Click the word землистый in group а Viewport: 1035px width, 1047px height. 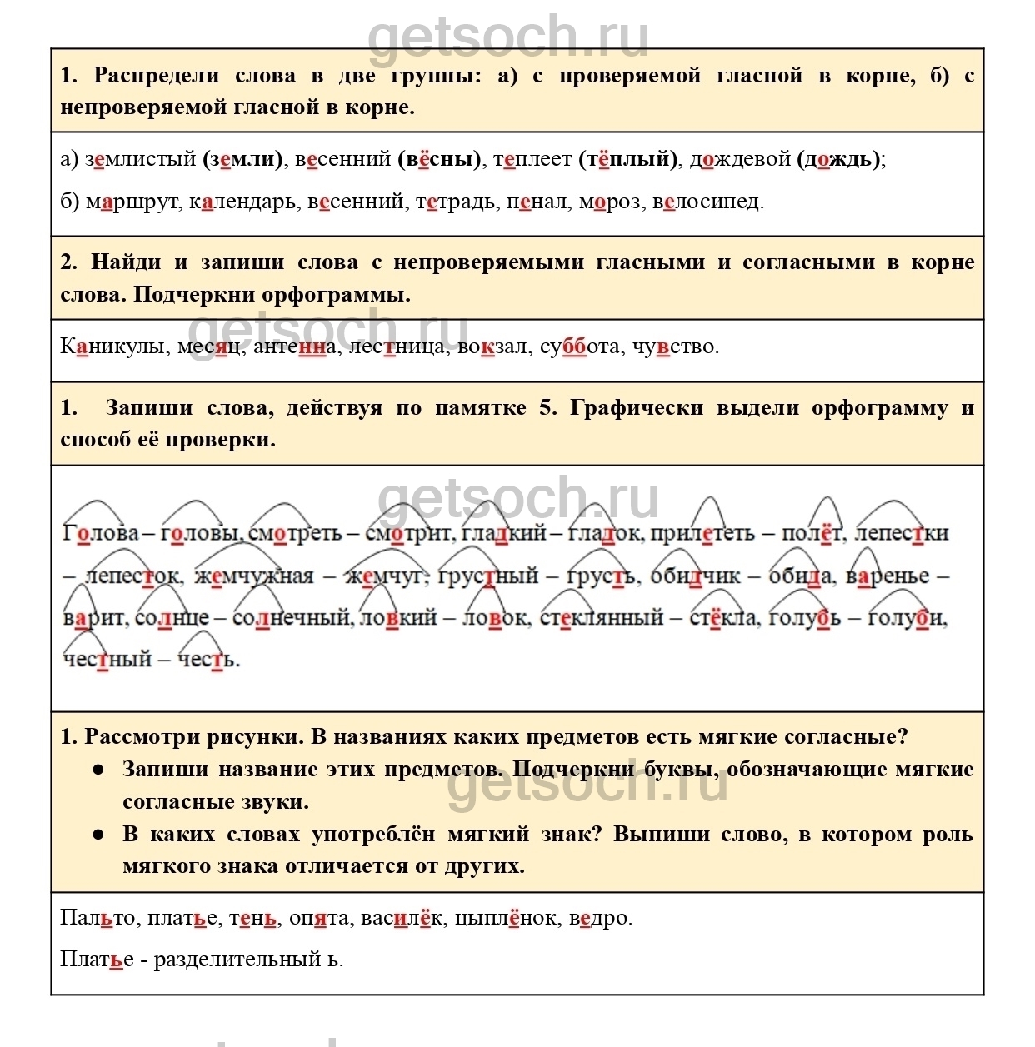[140, 159]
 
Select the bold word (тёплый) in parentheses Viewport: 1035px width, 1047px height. [628, 159]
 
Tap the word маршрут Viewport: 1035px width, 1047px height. [132, 202]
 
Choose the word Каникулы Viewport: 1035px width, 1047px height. [112, 347]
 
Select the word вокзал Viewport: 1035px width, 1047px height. [492, 347]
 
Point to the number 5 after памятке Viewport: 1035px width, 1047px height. [547, 408]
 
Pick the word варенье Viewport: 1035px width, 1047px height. [887, 576]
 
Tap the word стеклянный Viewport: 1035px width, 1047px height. [601, 618]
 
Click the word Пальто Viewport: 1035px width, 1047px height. [97, 918]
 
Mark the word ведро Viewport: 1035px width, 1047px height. [600, 918]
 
